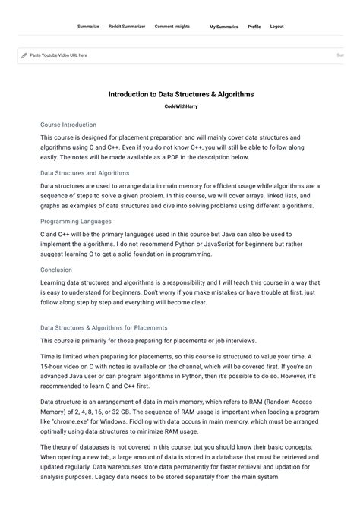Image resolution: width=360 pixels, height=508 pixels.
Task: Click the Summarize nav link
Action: (x=88, y=27)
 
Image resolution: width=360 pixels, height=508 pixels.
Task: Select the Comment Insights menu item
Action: (x=172, y=27)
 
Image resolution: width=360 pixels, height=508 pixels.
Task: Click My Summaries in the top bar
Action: (x=223, y=27)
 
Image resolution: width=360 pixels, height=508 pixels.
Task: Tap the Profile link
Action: (x=254, y=27)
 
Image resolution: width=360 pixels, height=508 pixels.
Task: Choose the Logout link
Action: (x=276, y=27)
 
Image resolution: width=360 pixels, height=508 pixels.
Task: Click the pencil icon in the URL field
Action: (x=24, y=55)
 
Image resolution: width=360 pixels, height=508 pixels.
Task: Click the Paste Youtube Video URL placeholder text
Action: (x=58, y=55)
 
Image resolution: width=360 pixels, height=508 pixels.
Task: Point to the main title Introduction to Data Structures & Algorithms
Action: (x=181, y=95)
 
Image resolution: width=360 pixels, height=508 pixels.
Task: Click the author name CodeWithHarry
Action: (x=181, y=107)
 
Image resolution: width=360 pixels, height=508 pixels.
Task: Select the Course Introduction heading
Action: (x=68, y=125)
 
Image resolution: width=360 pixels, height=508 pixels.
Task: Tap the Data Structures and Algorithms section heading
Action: (x=84, y=173)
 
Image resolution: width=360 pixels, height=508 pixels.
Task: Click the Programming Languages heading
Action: (x=76, y=222)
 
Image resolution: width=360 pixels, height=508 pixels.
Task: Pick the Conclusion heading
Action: (x=56, y=270)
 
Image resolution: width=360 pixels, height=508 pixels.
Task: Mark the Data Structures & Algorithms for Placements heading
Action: (x=104, y=328)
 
